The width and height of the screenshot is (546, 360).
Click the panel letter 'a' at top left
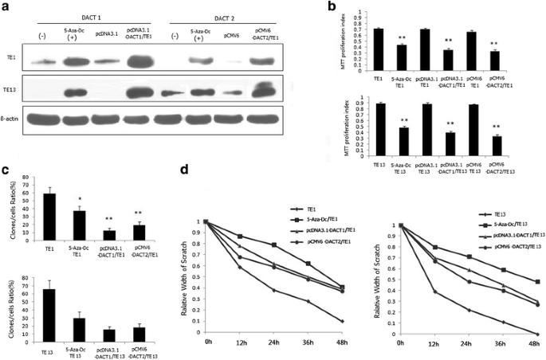tap(6, 6)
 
